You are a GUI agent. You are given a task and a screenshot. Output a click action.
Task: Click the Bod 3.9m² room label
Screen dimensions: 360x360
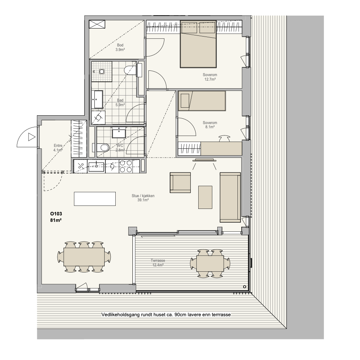[120, 47]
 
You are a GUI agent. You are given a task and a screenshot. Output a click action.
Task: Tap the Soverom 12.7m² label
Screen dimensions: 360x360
[210, 77]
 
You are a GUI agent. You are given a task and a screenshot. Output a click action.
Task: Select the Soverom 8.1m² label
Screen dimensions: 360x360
[210, 125]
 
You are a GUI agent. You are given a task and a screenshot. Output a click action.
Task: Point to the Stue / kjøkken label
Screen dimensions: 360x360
[143, 196]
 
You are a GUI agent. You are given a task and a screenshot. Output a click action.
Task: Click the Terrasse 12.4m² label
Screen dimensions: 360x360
[158, 263]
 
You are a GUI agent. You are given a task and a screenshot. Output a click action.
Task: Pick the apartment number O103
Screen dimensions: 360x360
[56, 214]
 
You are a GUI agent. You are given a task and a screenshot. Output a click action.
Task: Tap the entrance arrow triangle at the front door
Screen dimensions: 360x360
[32, 137]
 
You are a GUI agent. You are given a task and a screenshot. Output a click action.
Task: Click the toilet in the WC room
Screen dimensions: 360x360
[102, 147]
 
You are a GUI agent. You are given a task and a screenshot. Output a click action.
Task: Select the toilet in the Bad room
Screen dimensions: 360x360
[130, 70]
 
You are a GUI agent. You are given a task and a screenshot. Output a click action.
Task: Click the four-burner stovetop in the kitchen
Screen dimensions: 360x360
[126, 166]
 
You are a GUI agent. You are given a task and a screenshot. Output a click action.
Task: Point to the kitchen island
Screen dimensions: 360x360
[95, 199]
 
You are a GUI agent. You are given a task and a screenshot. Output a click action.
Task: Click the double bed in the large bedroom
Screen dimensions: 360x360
[198, 44]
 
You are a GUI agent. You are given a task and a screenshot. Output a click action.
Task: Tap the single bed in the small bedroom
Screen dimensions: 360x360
[202, 101]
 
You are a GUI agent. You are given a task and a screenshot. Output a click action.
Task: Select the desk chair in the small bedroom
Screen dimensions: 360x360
[224, 139]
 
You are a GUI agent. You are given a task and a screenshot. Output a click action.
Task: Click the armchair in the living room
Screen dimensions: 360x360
[180, 183]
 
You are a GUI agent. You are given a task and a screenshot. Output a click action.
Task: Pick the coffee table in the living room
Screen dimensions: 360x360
[205, 197]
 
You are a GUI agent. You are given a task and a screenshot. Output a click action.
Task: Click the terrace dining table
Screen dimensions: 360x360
[210, 264]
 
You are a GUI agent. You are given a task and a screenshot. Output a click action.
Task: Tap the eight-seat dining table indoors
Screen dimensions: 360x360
[84, 257]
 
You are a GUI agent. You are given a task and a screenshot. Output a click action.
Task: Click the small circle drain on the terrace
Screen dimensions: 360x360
[245, 287]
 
